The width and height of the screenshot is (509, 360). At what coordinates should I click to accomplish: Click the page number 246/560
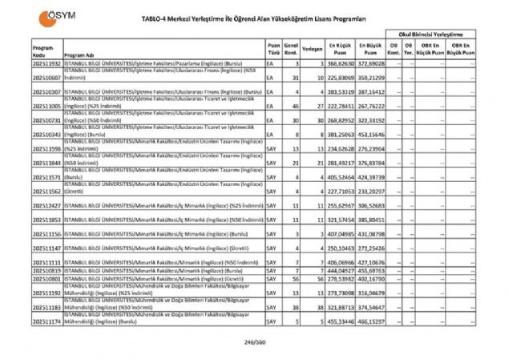point(254,343)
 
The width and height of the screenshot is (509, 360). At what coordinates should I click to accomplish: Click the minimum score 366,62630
point(341,62)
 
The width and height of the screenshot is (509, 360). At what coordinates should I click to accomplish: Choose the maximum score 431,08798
point(372,233)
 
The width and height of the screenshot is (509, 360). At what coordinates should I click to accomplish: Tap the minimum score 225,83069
point(341,77)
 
